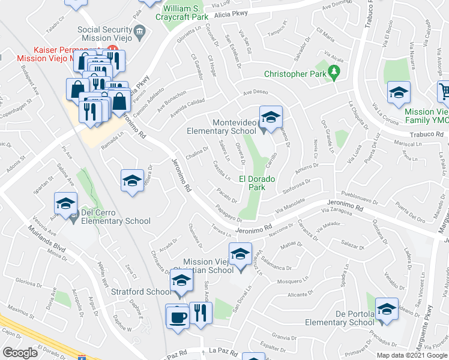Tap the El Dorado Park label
point(261,183)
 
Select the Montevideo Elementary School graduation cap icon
point(271,117)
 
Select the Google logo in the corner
point(20,353)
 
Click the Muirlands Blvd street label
point(47,239)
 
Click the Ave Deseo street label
point(256,92)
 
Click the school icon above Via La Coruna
point(399,92)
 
